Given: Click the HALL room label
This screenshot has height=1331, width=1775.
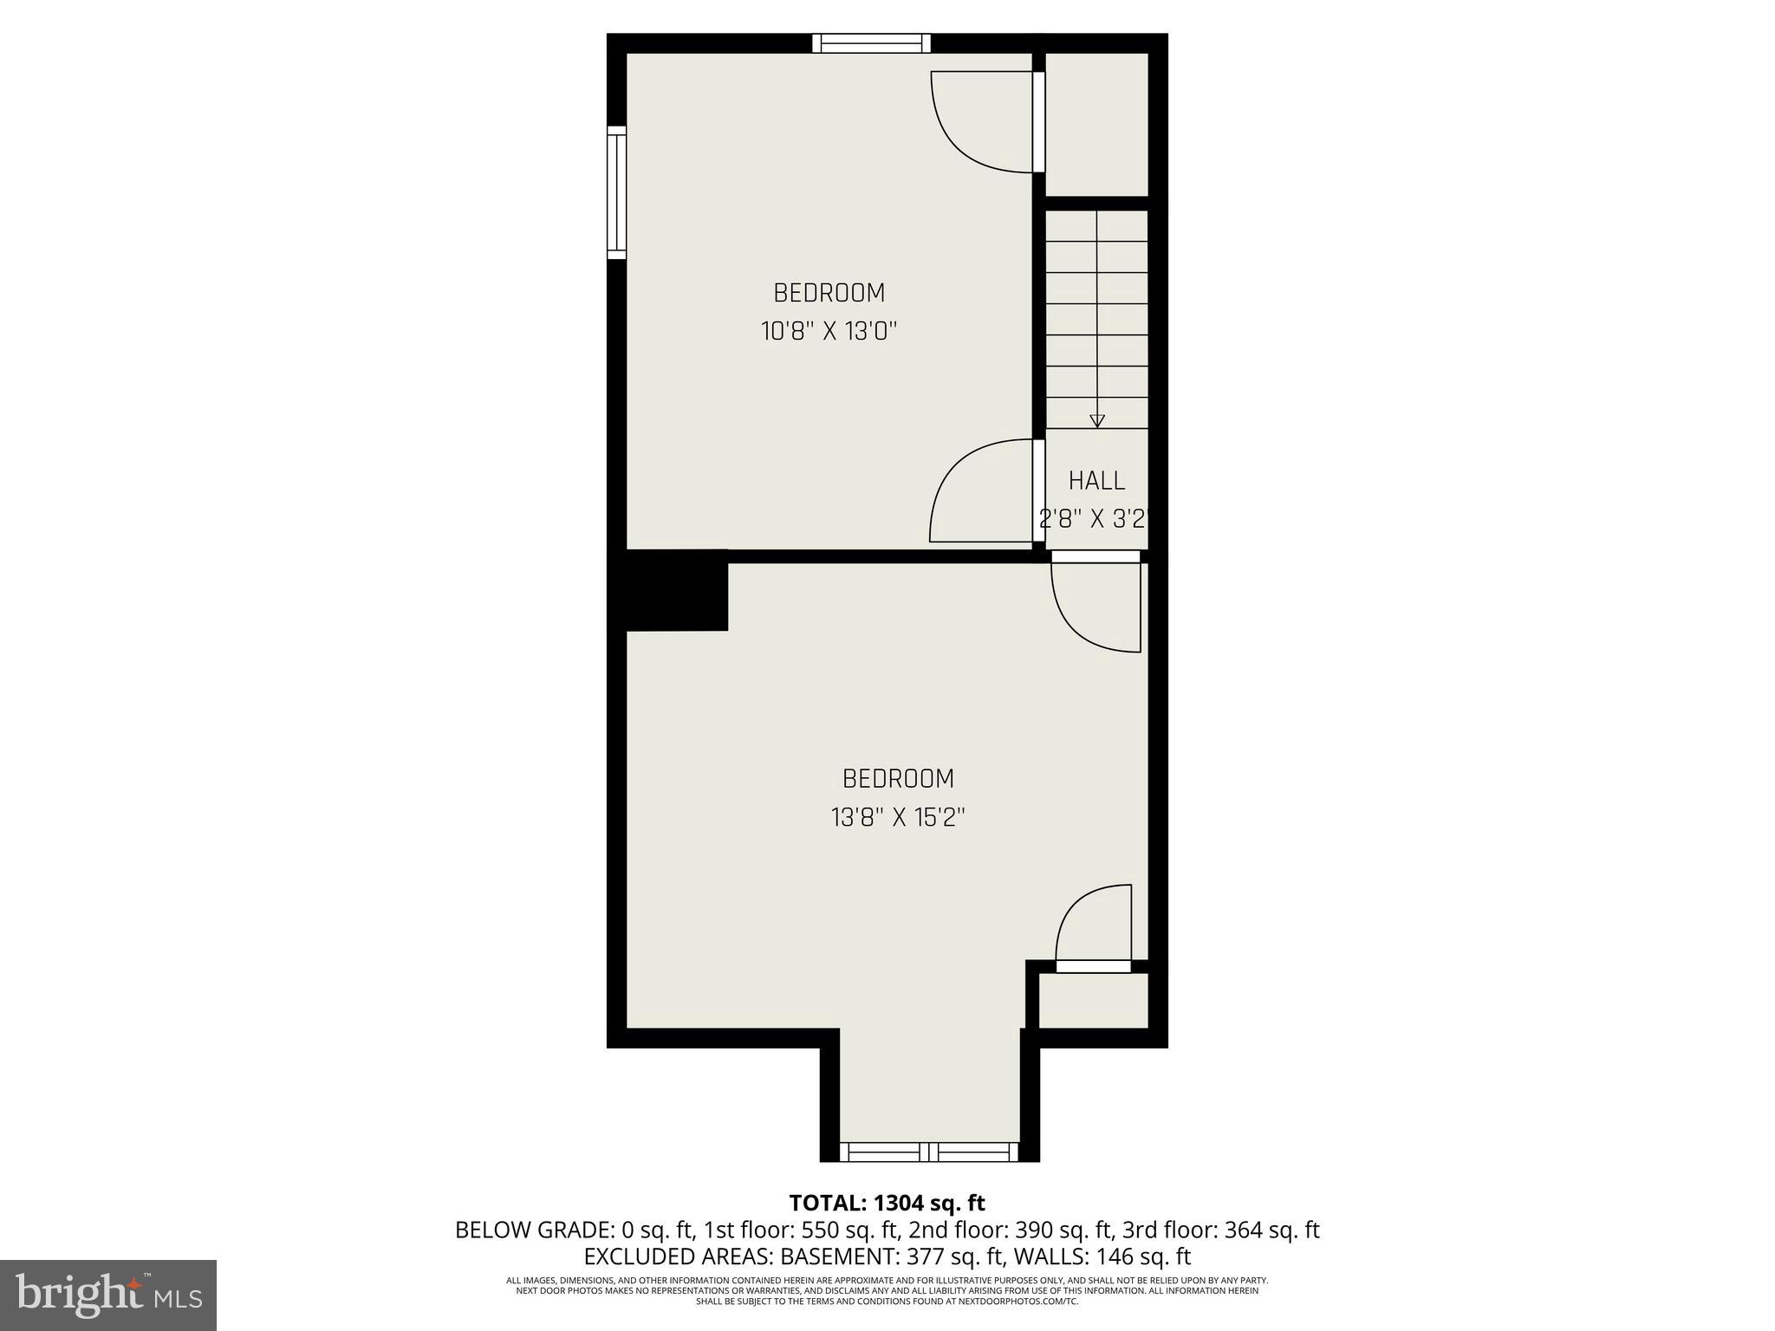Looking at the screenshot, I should pos(1096,480).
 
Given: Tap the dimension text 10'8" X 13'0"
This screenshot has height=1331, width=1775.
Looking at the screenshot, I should pos(829,331).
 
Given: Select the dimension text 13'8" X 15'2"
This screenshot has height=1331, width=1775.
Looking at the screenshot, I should pos(898,817).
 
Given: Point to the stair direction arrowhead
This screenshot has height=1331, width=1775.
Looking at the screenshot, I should pos(1097,421).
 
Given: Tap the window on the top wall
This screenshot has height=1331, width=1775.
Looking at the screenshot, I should pos(871,43).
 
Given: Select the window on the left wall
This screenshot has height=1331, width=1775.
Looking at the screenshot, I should pos(616,192).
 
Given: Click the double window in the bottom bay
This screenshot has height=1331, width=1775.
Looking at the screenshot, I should pos(929,1152).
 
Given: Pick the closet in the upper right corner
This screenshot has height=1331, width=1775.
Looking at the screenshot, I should pos(1096,124).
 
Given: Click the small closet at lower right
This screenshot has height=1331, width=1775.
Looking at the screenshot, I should pos(1093,1000).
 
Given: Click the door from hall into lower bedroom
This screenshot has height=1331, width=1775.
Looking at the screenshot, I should pos(1096,607).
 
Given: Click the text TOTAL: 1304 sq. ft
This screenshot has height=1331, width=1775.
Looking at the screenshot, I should pos(887,1203).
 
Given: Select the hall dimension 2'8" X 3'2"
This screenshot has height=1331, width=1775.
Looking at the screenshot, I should pos(1094,519).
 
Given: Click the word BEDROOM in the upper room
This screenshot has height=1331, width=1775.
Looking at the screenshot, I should pos(829,293).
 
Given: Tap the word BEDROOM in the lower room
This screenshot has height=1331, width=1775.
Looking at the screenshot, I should pos(898,778).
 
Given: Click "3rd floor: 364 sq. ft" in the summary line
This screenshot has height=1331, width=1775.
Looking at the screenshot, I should pos(1220,1230).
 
